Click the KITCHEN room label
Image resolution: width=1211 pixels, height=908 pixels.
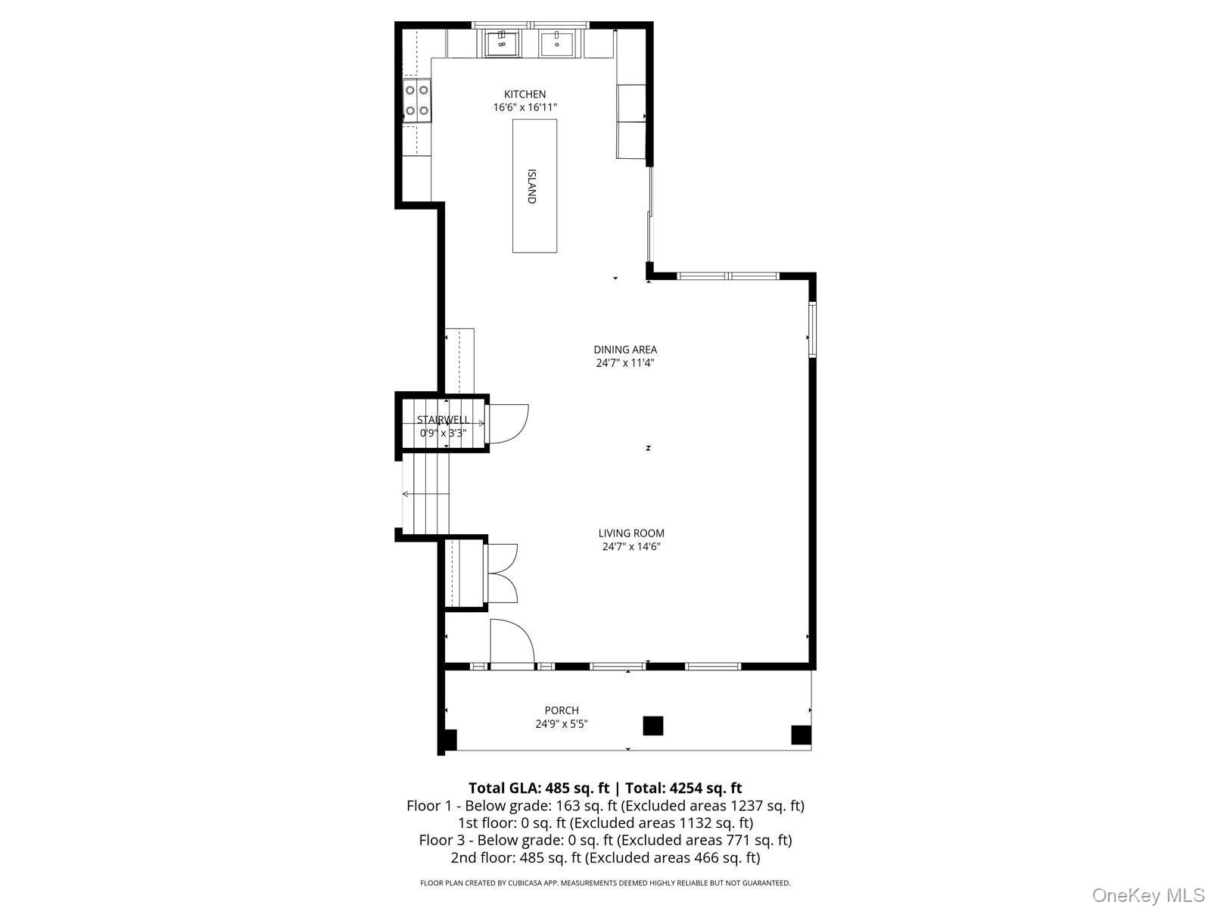click(525, 95)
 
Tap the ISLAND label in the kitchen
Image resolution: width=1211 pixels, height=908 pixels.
click(532, 186)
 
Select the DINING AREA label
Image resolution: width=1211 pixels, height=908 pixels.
click(625, 350)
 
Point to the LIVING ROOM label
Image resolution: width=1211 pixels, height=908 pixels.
click(631, 533)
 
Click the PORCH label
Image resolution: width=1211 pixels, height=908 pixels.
click(562, 711)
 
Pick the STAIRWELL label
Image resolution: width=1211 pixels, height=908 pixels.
click(444, 420)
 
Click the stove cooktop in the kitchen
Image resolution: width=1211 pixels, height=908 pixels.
click(417, 101)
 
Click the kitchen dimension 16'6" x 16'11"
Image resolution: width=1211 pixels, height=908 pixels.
click(525, 107)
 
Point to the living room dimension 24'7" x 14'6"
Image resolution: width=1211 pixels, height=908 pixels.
click(631, 546)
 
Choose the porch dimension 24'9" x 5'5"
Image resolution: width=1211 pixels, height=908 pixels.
click(562, 724)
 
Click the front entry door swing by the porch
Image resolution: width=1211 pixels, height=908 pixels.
click(511, 643)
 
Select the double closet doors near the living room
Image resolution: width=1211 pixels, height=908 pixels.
click(501, 574)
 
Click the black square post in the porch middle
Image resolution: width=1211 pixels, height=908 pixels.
click(653, 726)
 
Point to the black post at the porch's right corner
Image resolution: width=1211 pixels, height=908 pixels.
click(801, 735)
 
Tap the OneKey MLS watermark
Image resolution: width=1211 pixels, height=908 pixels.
click(1148, 896)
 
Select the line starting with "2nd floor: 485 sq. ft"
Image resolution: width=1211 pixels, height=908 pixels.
click(605, 857)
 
